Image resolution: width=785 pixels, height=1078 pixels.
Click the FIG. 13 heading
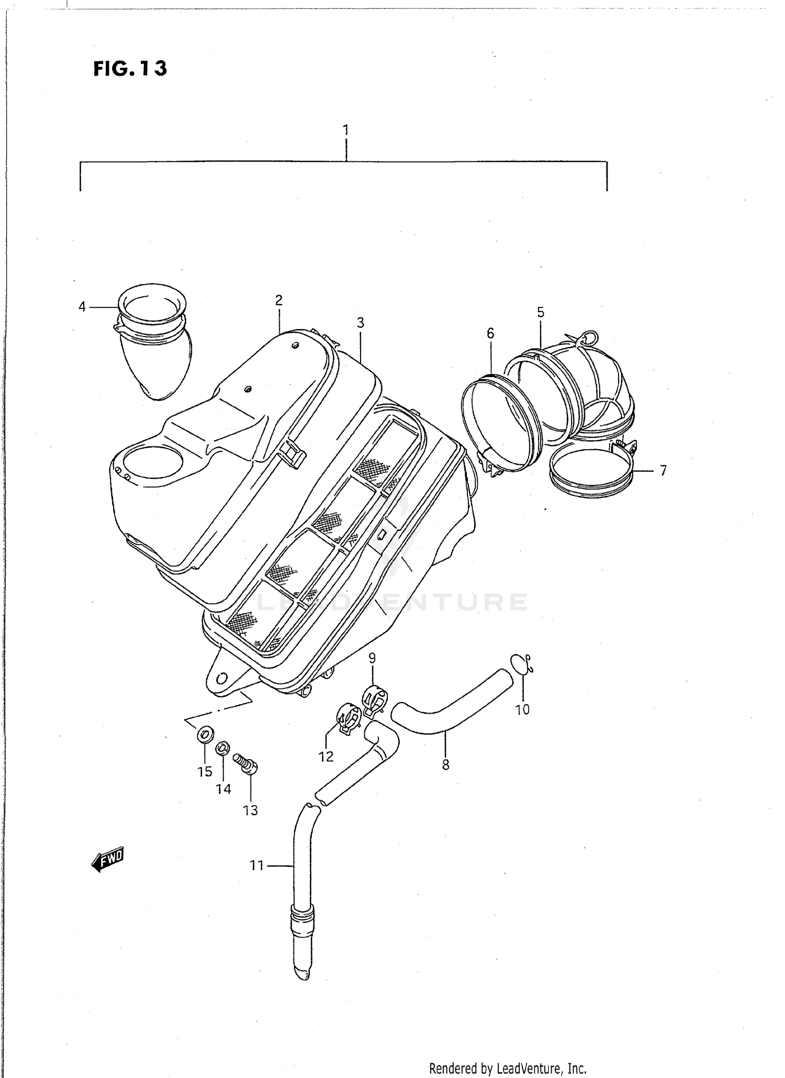130,69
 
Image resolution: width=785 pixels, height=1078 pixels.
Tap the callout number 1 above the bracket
345,129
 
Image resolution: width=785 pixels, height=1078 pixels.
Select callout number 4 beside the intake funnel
82,307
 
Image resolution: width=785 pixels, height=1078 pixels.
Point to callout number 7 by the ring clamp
663,471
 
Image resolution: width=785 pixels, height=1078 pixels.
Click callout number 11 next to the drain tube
256,866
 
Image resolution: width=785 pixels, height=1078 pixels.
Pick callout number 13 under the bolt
251,810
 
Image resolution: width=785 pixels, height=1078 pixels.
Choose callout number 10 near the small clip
522,710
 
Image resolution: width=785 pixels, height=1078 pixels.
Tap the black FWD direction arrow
107,859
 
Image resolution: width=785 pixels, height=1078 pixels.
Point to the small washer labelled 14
222,748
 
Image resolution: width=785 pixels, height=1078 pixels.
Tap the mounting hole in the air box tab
222,679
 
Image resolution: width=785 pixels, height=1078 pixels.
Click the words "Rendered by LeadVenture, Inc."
508,1068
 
